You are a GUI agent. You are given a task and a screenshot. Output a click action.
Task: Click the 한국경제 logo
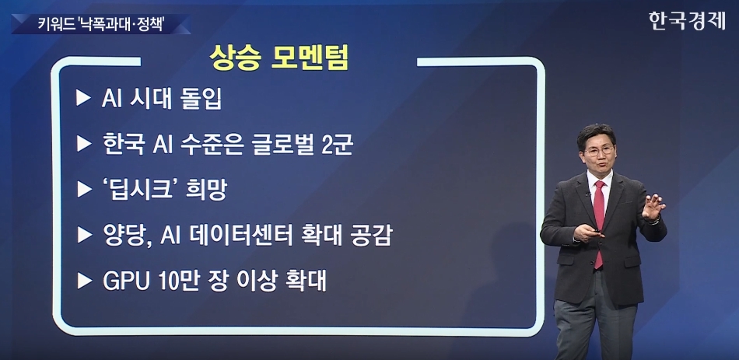[x=687, y=21]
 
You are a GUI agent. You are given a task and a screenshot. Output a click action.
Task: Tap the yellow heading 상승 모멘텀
[x=279, y=58]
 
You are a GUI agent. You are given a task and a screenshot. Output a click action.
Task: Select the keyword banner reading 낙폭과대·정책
[x=101, y=25]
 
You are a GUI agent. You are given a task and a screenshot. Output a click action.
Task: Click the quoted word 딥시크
[x=139, y=190]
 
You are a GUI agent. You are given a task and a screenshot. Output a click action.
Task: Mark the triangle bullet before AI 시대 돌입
[x=83, y=99]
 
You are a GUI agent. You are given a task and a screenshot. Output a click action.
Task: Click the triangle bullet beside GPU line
[x=84, y=281]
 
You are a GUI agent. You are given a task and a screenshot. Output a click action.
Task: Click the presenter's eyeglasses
[x=599, y=151]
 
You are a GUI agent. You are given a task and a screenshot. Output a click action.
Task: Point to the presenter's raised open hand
[x=653, y=207]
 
